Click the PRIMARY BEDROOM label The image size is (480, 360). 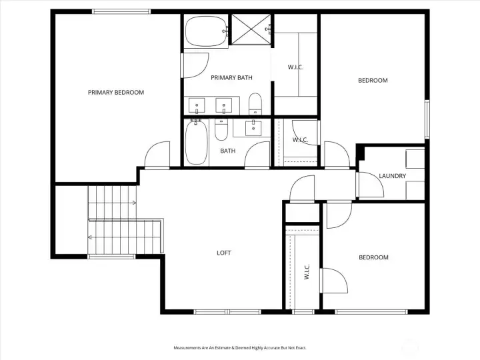click(x=116, y=93)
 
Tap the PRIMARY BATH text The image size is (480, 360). click(x=231, y=78)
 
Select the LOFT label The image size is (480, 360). click(x=225, y=253)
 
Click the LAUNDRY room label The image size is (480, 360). click(x=392, y=176)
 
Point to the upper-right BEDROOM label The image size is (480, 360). click(x=373, y=81)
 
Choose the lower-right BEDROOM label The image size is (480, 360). click(x=373, y=257)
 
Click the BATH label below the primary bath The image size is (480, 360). click(x=228, y=151)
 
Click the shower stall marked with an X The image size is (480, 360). click(x=251, y=29)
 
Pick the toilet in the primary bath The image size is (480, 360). click(x=255, y=103)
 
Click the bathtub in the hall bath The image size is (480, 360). click(x=196, y=142)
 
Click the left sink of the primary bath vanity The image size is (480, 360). click(x=197, y=106)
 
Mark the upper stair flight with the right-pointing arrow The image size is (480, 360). click(x=112, y=202)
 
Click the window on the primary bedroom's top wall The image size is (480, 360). click(x=121, y=11)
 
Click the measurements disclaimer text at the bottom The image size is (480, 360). click(x=239, y=347)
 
